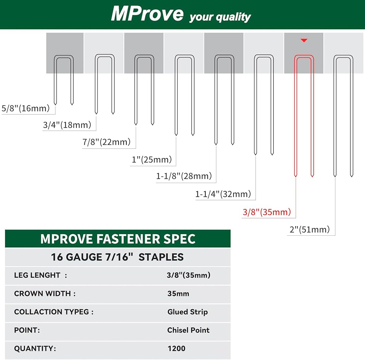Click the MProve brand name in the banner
click(x=147, y=14)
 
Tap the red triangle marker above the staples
click(x=304, y=40)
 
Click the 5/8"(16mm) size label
click(x=26, y=108)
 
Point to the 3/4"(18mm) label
click(x=67, y=125)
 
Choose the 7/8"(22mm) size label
click(x=106, y=142)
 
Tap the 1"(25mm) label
click(x=152, y=159)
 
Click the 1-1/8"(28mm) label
click(x=184, y=176)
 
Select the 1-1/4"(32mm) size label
click(x=223, y=194)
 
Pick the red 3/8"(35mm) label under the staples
click(x=267, y=212)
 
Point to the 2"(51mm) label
click(x=310, y=229)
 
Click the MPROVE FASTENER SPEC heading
click(x=118, y=239)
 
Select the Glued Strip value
click(x=188, y=312)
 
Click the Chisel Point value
click(x=188, y=330)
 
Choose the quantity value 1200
click(x=176, y=348)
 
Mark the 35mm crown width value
click(x=178, y=294)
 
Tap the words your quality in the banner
click(x=220, y=17)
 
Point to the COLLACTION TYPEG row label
click(x=54, y=312)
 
